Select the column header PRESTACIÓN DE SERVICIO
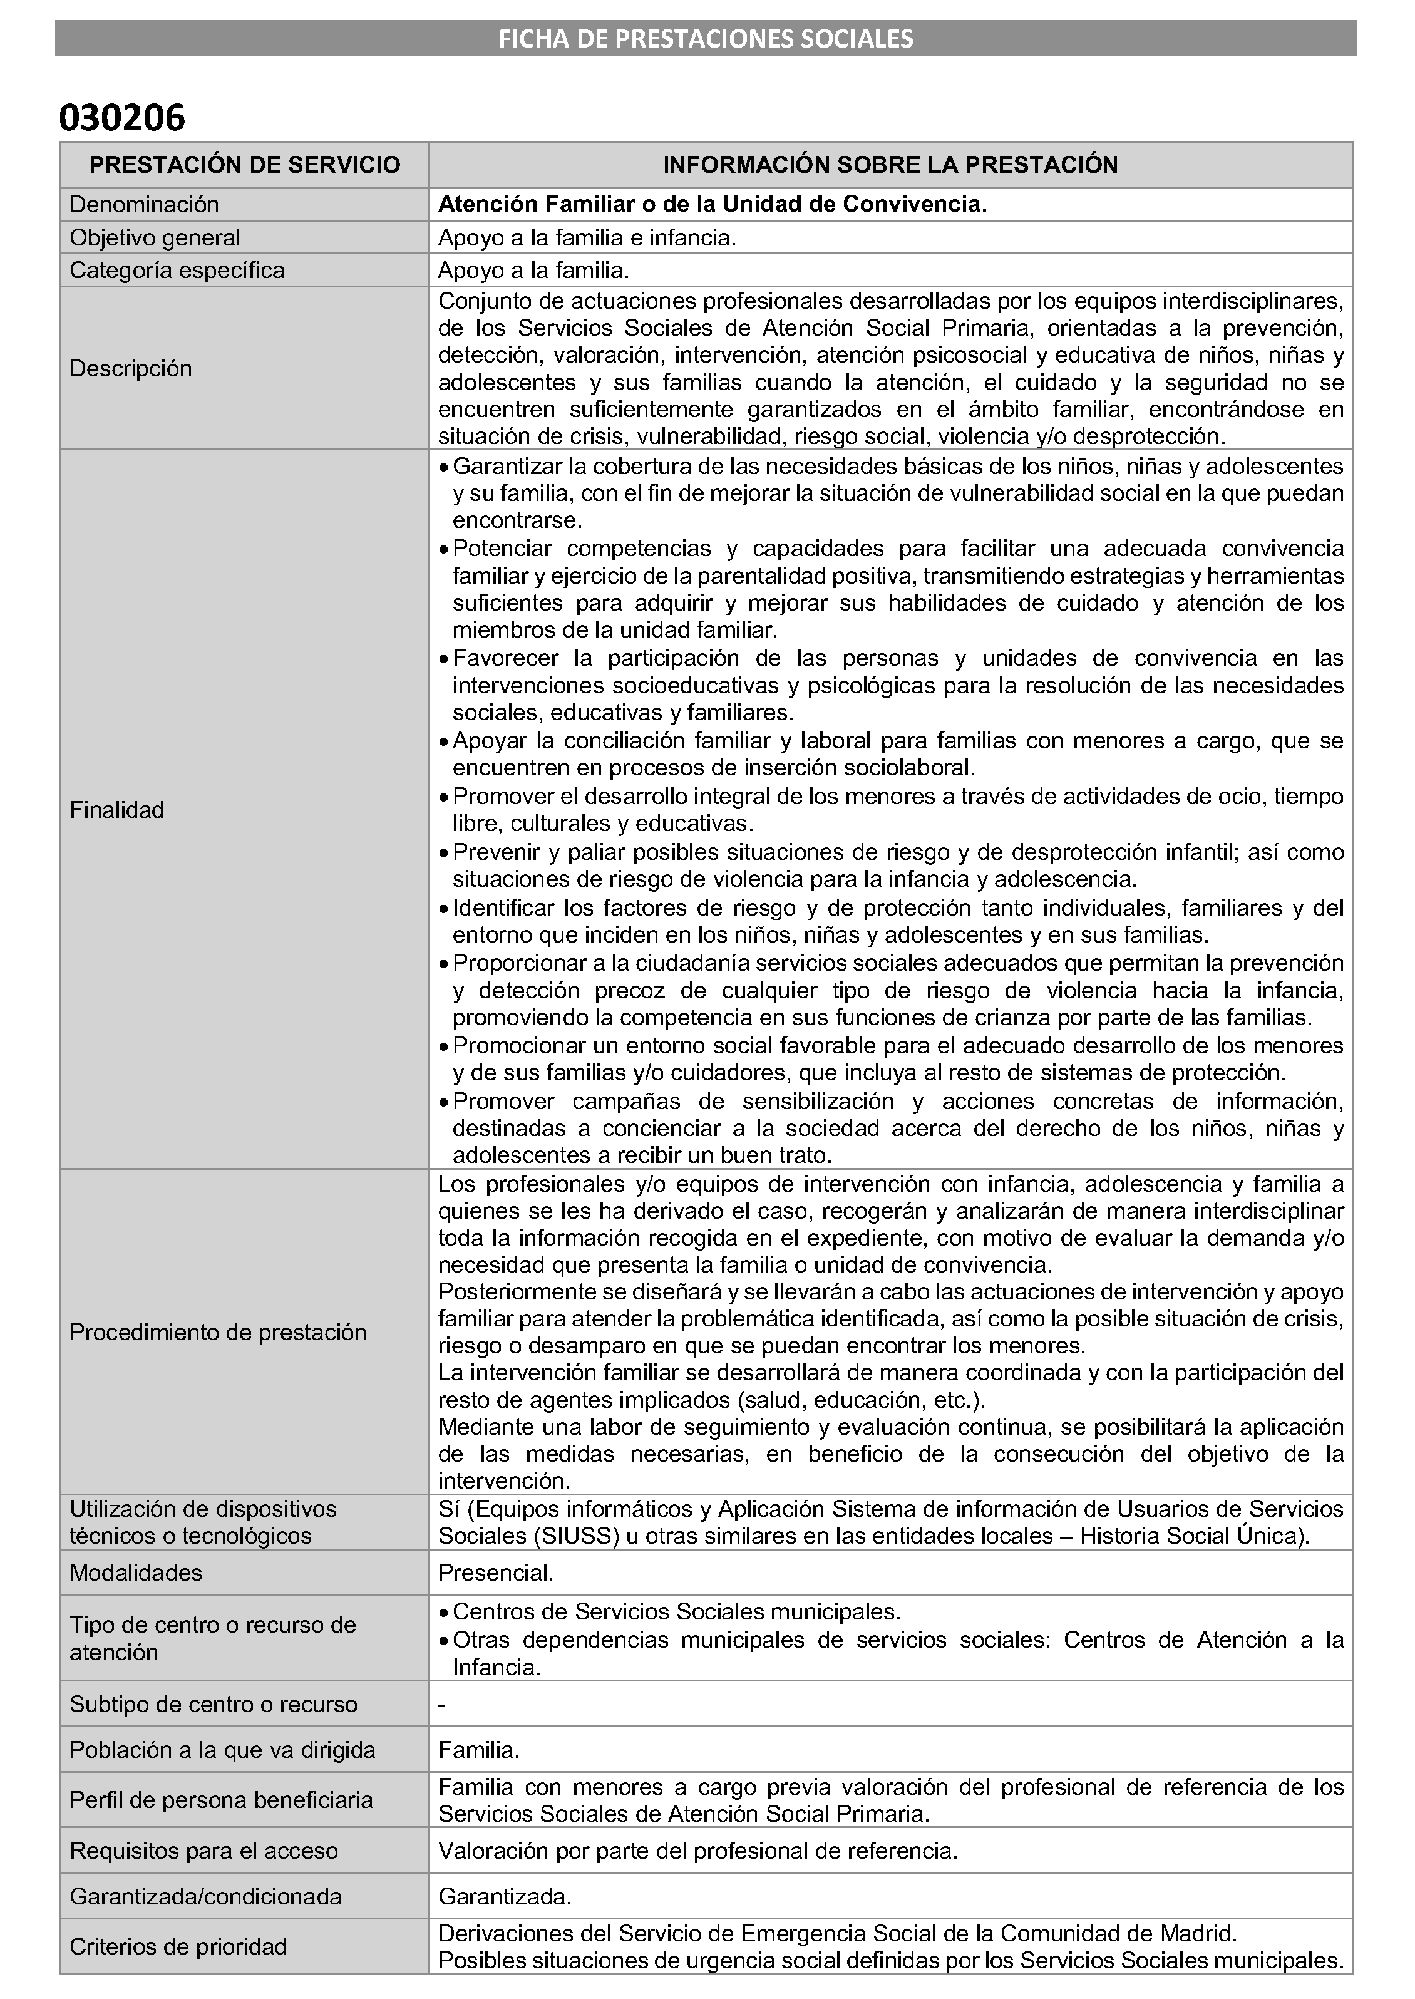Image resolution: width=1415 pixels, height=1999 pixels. click(245, 165)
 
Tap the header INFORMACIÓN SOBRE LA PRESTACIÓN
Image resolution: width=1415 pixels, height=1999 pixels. click(890, 165)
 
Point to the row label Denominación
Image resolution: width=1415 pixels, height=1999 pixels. click(144, 205)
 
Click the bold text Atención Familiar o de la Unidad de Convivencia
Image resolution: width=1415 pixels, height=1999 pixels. click(712, 204)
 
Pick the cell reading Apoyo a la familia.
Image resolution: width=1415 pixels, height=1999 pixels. click(533, 270)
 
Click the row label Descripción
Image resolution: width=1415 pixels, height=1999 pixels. click(131, 369)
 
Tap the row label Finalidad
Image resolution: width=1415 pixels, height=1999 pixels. click(116, 810)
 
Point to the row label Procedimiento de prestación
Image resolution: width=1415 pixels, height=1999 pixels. click(218, 1333)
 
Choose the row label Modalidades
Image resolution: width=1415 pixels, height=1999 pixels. click(136, 1573)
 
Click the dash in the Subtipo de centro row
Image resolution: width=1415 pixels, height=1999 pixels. click(442, 1705)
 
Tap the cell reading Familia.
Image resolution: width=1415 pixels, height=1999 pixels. click(479, 1750)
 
